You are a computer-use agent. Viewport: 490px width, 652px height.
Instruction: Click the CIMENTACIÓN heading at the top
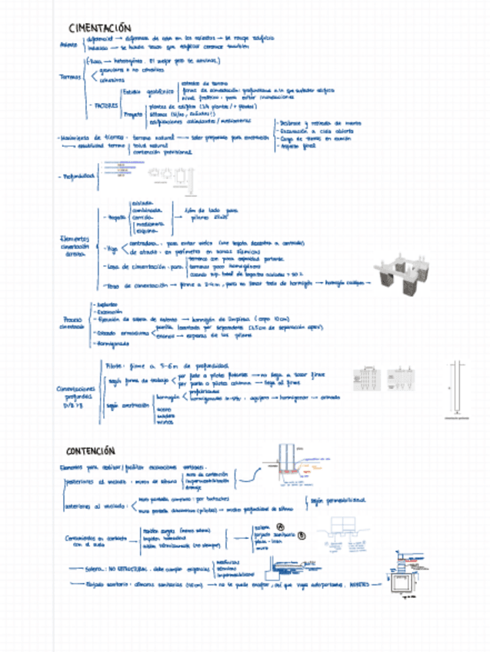(x=99, y=28)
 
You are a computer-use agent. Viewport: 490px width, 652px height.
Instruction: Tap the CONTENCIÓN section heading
(x=90, y=451)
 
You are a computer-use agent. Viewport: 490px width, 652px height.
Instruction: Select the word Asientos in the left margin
(x=68, y=44)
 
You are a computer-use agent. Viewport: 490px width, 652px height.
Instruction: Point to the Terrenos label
(x=70, y=76)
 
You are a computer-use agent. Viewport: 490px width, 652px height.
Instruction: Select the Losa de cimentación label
(x=138, y=267)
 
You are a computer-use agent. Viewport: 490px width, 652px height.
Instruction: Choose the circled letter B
(x=301, y=535)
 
